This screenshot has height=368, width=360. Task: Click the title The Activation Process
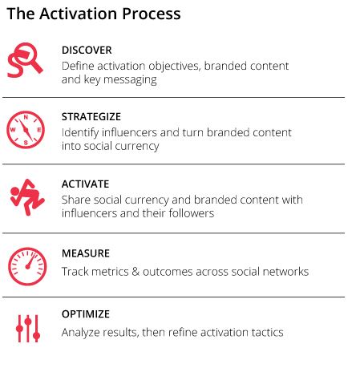click(94, 14)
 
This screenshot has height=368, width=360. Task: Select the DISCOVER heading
click(87, 51)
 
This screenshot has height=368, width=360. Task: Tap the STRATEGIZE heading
click(91, 117)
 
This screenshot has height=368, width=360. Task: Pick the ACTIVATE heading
click(85, 184)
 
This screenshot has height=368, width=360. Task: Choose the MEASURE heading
click(86, 253)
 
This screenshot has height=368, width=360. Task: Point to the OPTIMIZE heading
click(86, 314)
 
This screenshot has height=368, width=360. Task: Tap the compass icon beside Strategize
click(26, 130)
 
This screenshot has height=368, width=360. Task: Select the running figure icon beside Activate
click(26, 197)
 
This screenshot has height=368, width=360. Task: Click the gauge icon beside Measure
click(27, 266)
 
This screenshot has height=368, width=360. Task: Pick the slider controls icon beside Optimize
click(28, 329)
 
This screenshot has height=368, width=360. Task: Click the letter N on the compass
click(26, 117)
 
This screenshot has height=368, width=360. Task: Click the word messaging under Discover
click(130, 80)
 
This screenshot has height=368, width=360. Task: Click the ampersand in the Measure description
click(136, 272)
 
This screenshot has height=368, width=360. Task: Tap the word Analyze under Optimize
click(81, 333)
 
